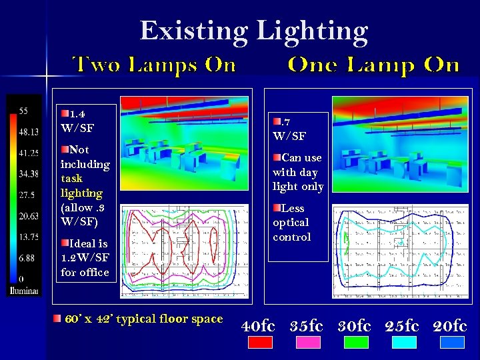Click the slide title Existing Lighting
pyautogui.click(x=253, y=31)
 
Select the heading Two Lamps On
pyautogui.click(x=154, y=65)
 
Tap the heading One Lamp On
pyautogui.click(x=373, y=65)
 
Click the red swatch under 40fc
pyautogui.click(x=260, y=342)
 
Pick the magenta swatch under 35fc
pyautogui.click(x=308, y=342)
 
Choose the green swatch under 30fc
pyautogui.click(x=356, y=342)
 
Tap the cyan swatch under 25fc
pyautogui.click(x=404, y=342)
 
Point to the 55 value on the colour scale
pyautogui.click(x=23, y=111)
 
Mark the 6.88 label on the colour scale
pyautogui.click(x=27, y=257)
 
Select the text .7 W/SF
pyautogui.click(x=289, y=129)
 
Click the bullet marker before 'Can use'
pyautogui.click(x=277, y=157)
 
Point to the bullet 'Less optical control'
pyautogui.click(x=292, y=223)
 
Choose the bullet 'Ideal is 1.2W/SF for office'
pyautogui.click(x=85, y=257)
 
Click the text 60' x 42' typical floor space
pyautogui.click(x=143, y=319)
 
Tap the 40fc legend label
pyautogui.click(x=259, y=326)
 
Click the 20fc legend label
pyautogui.click(x=450, y=326)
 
